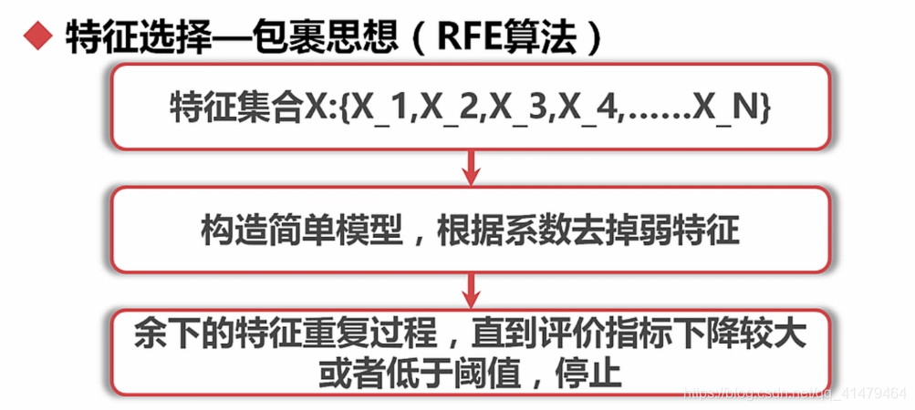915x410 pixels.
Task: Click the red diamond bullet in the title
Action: (x=35, y=37)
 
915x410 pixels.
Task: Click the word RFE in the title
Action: (x=467, y=37)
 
